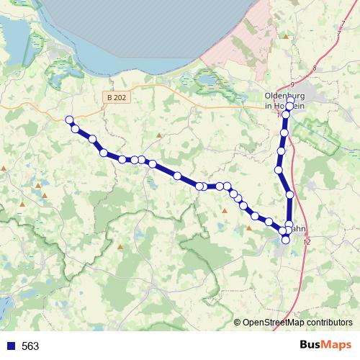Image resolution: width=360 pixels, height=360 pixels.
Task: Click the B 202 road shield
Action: (116, 97)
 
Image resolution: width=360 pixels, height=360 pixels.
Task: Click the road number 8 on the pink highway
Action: (315, 68)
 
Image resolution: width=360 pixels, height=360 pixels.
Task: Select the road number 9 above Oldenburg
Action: (292, 84)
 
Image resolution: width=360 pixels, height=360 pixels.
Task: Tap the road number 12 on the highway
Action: (307, 242)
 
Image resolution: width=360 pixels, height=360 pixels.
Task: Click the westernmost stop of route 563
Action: (69, 120)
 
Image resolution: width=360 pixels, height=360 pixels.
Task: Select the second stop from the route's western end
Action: (76, 129)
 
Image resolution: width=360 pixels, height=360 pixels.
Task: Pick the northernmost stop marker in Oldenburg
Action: (290, 100)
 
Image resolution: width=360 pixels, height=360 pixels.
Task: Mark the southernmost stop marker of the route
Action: (286, 239)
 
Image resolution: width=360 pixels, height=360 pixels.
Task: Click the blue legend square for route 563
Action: (9, 346)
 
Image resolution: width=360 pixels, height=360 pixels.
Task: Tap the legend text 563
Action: (30, 346)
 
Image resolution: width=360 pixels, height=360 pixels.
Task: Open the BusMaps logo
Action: (325, 346)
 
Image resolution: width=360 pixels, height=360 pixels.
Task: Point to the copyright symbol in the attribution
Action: (238, 323)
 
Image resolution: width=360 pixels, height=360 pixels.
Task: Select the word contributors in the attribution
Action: (328, 323)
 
